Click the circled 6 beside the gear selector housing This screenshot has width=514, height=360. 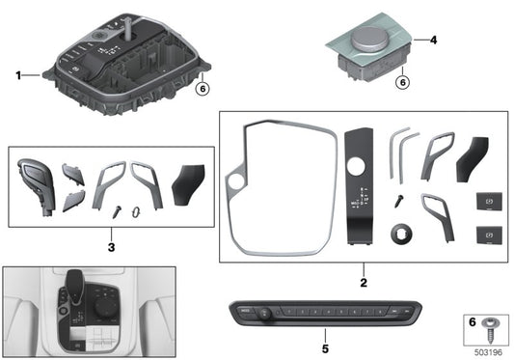click(202, 89)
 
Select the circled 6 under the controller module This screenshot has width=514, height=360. click(403, 82)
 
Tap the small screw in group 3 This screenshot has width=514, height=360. click(116, 208)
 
